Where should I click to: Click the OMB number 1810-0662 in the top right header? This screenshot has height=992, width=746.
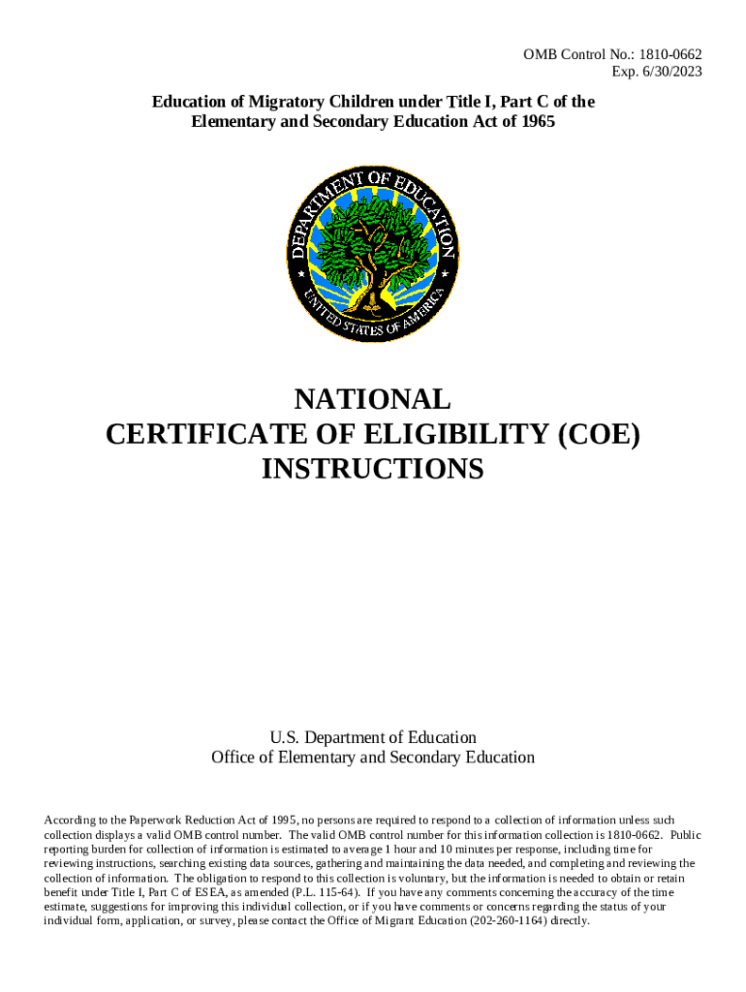tap(669, 54)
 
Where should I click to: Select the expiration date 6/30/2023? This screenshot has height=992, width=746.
tap(669, 72)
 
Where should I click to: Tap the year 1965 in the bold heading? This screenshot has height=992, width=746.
tap(537, 122)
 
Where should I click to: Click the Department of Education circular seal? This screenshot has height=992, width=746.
tap(373, 256)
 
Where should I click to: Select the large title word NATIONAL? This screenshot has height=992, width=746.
tap(373, 399)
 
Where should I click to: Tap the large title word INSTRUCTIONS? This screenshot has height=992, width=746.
tap(373, 469)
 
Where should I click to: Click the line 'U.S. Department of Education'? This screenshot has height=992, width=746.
tap(373, 738)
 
